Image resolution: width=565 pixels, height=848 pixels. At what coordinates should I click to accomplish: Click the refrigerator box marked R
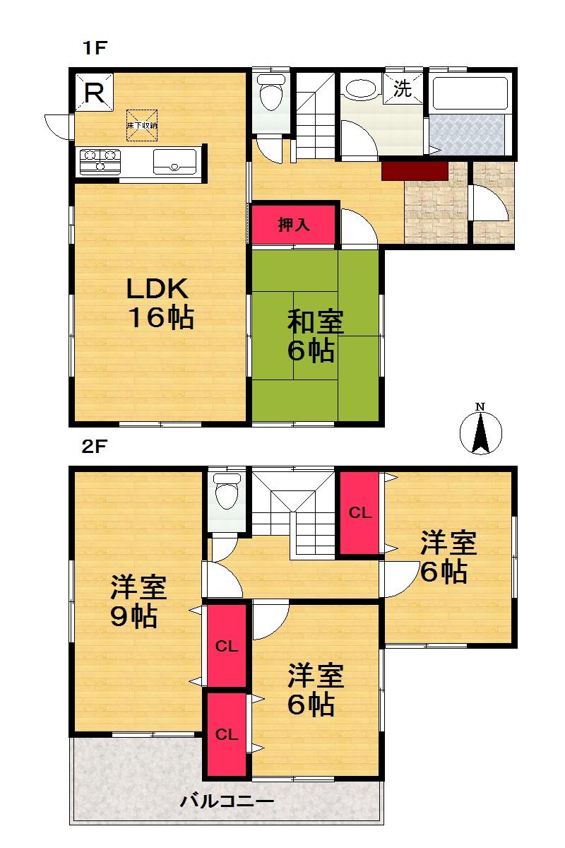tap(95, 93)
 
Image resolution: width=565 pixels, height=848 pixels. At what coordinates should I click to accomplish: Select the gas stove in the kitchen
tap(100, 161)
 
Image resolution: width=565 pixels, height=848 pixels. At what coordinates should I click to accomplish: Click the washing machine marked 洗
tap(401, 88)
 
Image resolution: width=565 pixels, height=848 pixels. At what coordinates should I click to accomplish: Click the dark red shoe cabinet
tap(415, 170)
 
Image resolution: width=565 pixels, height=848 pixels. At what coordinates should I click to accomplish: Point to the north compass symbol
tap(481, 429)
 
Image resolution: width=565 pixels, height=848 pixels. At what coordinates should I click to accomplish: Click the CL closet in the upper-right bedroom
tap(360, 514)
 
